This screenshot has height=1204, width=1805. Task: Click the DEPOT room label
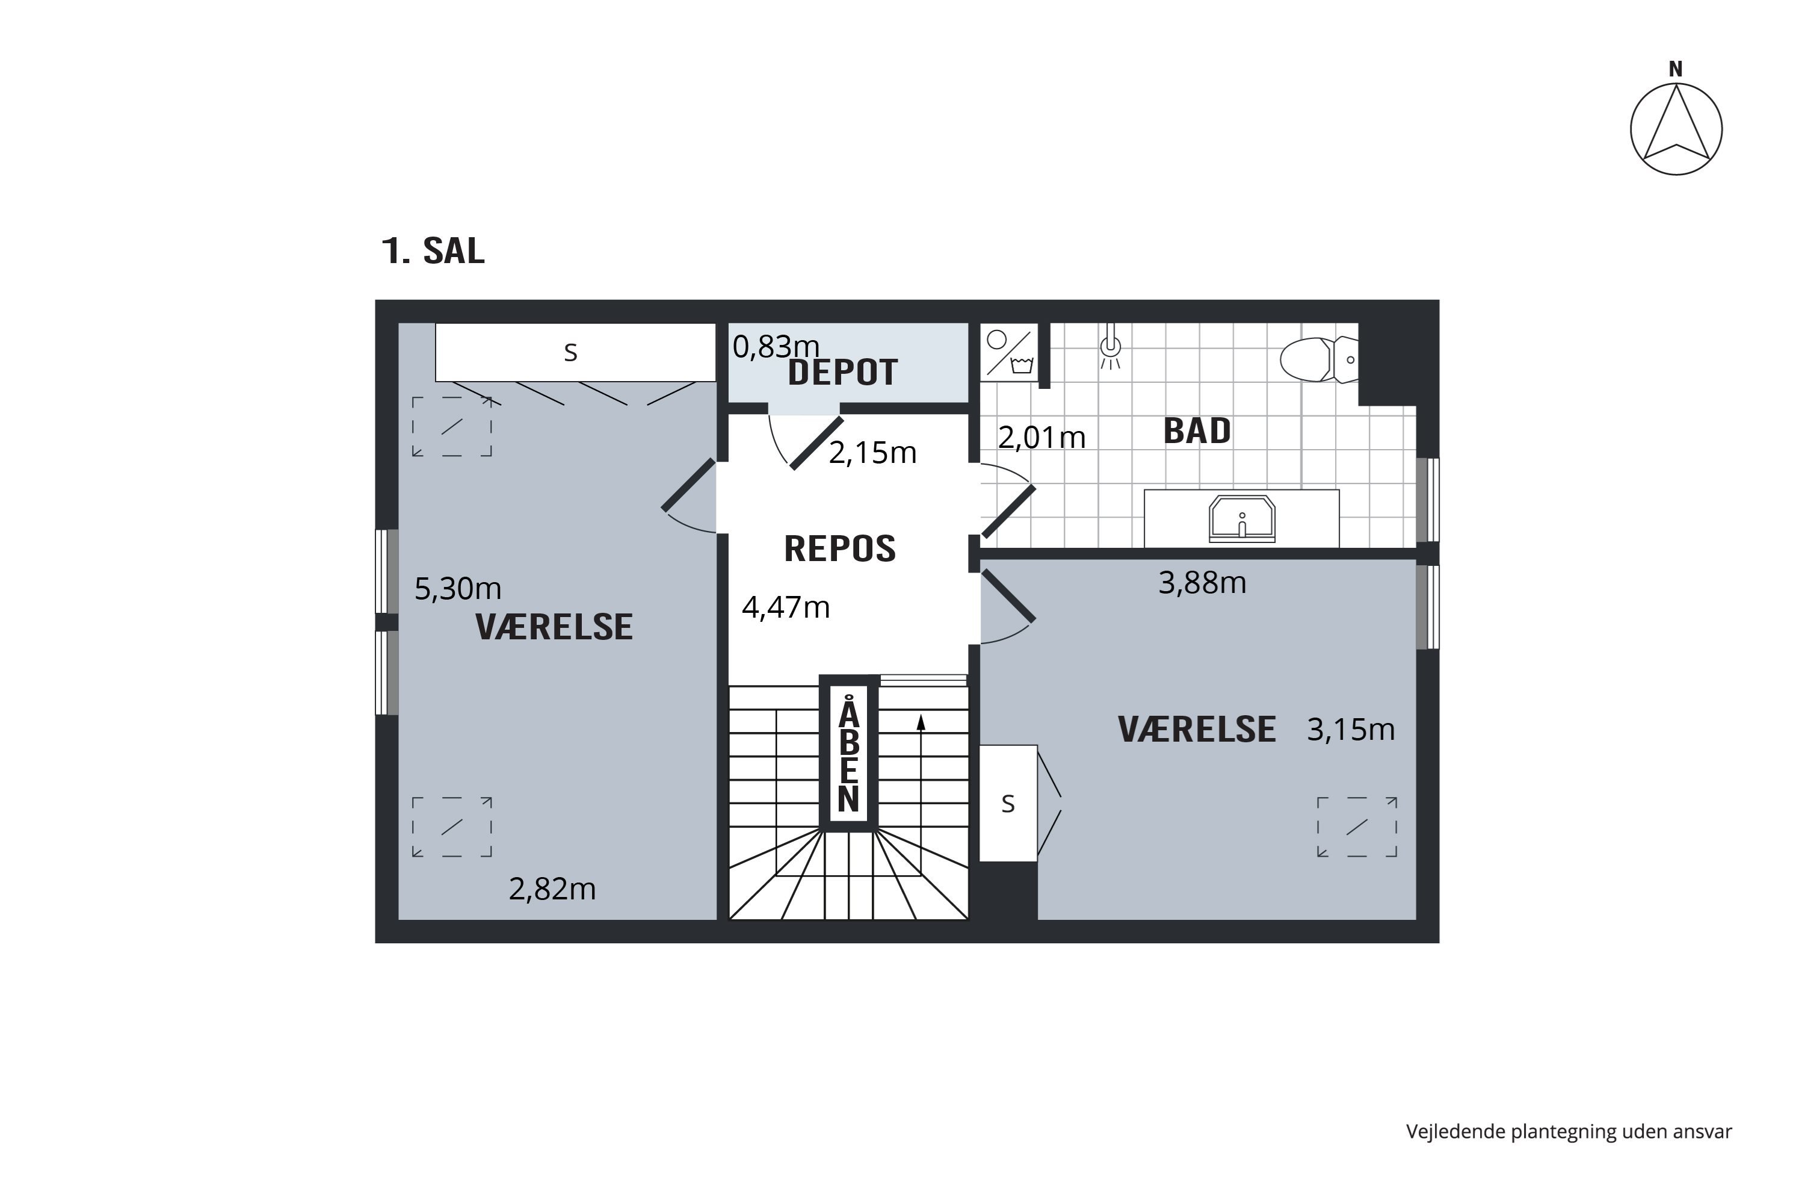click(x=843, y=373)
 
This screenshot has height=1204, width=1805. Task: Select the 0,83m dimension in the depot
click(x=775, y=347)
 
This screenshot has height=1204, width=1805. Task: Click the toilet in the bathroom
click(x=1317, y=359)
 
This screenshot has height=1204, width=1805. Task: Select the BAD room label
click(x=1197, y=431)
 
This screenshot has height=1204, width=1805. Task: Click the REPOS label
click(x=839, y=549)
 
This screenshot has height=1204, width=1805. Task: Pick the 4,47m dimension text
click(x=785, y=607)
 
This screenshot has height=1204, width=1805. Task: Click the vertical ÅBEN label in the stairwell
click(x=848, y=756)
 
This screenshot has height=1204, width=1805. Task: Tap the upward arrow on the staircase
click(x=921, y=722)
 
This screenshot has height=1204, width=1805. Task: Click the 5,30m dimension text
click(x=457, y=589)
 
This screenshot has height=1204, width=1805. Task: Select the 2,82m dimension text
click(x=552, y=889)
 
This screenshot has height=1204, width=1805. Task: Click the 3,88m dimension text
click(x=1201, y=583)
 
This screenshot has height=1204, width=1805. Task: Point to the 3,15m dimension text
click(x=1350, y=730)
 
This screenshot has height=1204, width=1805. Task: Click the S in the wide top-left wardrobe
click(x=570, y=352)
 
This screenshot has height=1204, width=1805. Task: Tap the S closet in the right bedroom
click(x=1008, y=804)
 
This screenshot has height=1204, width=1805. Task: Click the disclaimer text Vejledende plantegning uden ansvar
click(x=1568, y=1131)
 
